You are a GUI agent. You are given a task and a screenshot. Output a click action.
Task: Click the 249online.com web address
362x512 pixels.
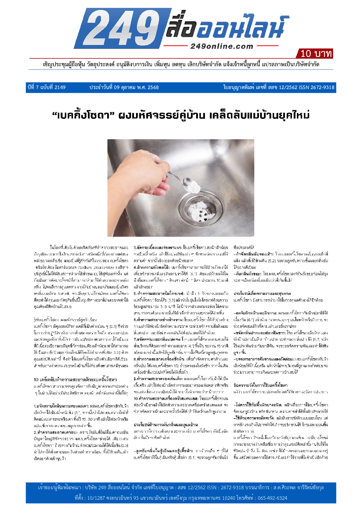(222, 46)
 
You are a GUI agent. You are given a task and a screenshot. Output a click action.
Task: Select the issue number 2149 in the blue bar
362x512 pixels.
(60, 87)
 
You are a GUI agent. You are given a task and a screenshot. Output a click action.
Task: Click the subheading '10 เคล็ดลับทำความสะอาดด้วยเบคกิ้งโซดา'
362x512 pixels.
(75, 379)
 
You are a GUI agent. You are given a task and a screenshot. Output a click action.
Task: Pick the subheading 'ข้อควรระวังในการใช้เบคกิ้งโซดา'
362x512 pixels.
(260, 385)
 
